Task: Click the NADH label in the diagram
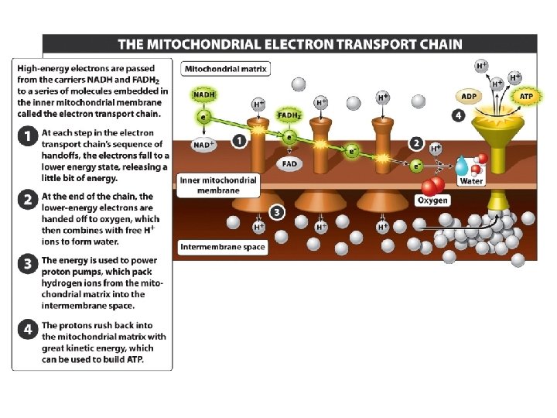[x=204, y=94]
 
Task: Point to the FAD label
[x=289, y=164]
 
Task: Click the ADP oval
[x=469, y=97]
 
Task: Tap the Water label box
[x=471, y=181]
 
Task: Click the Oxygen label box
[x=432, y=200]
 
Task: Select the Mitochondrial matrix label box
[x=225, y=69]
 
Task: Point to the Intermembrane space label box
[x=223, y=248]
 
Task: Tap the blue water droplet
[x=462, y=165]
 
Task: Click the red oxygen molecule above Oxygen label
[x=432, y=186]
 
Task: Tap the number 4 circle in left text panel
[x=27, y=329]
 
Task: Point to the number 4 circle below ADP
[x=459, y=115]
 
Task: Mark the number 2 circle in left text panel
[x=27, y=200]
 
